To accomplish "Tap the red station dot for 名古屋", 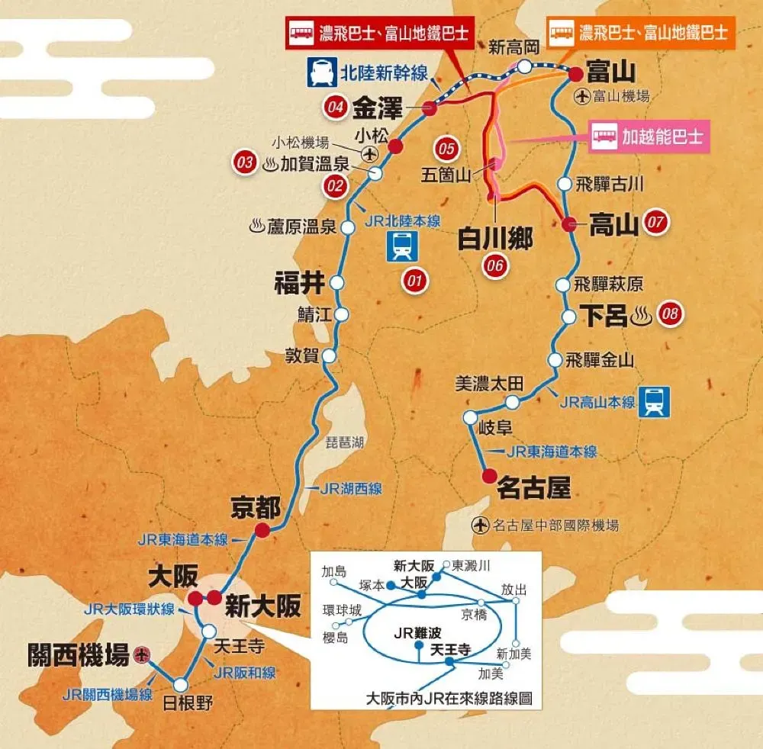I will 488,477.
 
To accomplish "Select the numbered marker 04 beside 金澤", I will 334,108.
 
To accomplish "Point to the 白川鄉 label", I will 494,238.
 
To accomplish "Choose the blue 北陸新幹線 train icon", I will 319,72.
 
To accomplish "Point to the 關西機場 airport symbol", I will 140,654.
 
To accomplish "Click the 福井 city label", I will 299,284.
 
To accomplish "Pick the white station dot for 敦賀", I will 330,355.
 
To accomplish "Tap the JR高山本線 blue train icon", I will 655,401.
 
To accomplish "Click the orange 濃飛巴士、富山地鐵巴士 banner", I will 642,33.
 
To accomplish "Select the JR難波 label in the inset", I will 414,632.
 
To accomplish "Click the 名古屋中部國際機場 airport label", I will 555,525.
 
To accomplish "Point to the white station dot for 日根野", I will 180,684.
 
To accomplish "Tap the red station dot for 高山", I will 568,224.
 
